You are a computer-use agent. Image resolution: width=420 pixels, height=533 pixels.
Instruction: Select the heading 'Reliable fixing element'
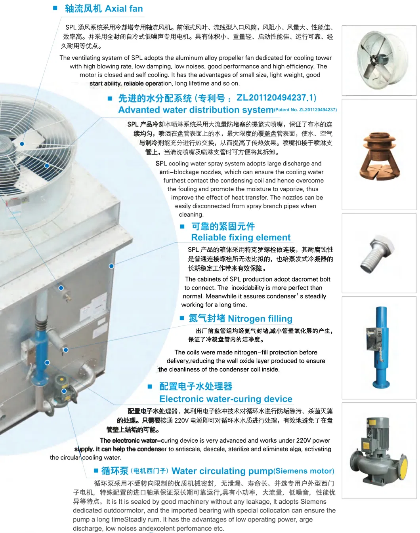241,238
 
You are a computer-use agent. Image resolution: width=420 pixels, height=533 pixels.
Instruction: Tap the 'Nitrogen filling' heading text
260,319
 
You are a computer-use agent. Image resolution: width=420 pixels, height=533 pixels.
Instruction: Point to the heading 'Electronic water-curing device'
225,399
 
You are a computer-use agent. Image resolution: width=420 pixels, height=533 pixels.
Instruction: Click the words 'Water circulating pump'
222,471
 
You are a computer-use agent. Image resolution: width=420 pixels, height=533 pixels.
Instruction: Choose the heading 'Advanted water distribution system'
196,110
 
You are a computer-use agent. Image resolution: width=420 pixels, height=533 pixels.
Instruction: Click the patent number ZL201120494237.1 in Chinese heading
276,98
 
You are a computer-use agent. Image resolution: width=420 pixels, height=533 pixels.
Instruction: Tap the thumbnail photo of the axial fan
379,60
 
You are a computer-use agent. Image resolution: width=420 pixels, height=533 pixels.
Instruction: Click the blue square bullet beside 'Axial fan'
55,8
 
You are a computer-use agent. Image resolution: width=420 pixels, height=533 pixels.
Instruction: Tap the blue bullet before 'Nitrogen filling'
182,318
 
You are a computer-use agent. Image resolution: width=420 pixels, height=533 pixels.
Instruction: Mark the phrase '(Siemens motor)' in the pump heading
304,471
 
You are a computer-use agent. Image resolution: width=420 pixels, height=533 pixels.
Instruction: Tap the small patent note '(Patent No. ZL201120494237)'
305,110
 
